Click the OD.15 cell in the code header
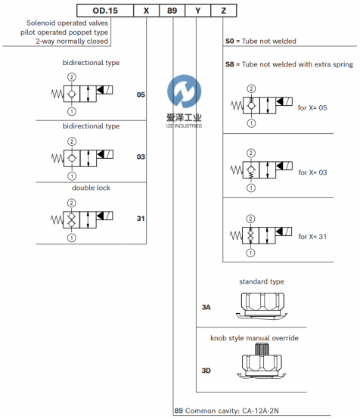click(x=105, y=11)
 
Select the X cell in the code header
click(x=146, y=11)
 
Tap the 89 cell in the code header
click(x=172, y=11)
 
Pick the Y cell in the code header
click(x=197, y=11)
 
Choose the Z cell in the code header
click(x=224, y=11)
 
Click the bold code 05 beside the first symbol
click(x=141, y=95)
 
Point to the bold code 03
click(x=141, y=157)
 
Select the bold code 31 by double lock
click(x=141, y=219)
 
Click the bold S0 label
click(x=230, y=41)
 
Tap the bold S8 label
click(x=230, y=64)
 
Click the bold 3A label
click(x=206, y=307)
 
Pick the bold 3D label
click(x=206, y=371)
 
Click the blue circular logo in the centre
click(x=184, y=92)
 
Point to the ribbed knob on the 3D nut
click(x=262, y=349)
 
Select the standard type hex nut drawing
click(x=261, y=306)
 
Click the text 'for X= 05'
click(x=312, y=107)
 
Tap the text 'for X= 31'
click(x=312, y=237)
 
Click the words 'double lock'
click(x=92, y=188)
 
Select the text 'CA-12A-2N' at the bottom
click(x=260, y=411)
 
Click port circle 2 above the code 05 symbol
click(x=72, y=77)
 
